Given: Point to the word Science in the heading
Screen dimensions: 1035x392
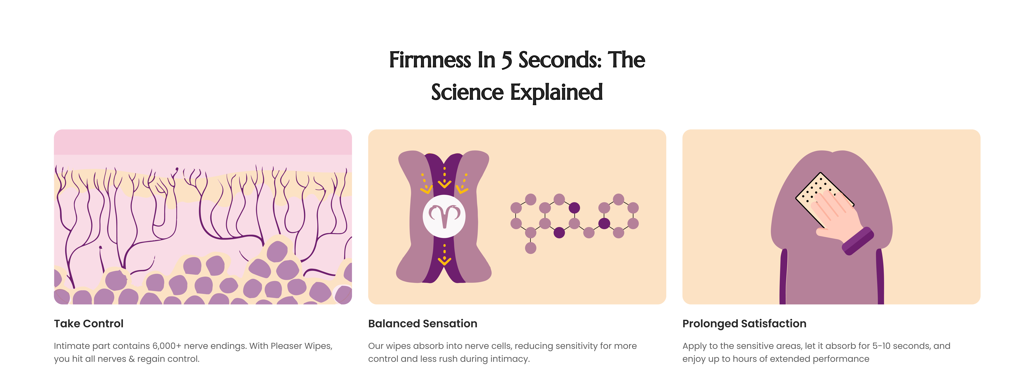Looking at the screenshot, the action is tap(467, 92).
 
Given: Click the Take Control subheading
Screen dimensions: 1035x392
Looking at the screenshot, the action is tap(89, 324).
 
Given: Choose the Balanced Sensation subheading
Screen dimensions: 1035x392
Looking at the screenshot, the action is tap(423, 324).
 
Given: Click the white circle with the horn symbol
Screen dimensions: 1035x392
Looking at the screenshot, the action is tap(444, 216).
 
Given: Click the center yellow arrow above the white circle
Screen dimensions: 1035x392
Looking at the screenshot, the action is tap(444, 177).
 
